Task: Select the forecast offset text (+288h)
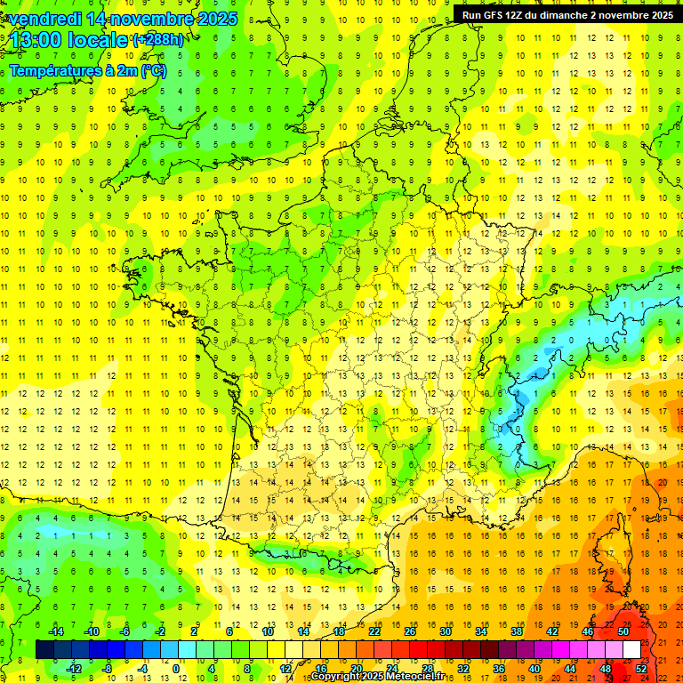click(158, 40)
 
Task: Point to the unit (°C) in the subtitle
click(153, 70)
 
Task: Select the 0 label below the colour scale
click(176, 668)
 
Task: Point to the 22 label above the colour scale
click(374, 631)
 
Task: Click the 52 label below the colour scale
click(641, 668)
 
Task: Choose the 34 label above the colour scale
click(481, 631)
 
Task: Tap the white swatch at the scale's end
click(632, 649)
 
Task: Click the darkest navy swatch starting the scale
click(44, 649)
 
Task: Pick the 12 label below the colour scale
click(285, 668)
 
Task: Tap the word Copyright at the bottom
click(334, 677)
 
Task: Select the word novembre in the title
click(150, 19)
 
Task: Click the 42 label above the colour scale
click(552, 631)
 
